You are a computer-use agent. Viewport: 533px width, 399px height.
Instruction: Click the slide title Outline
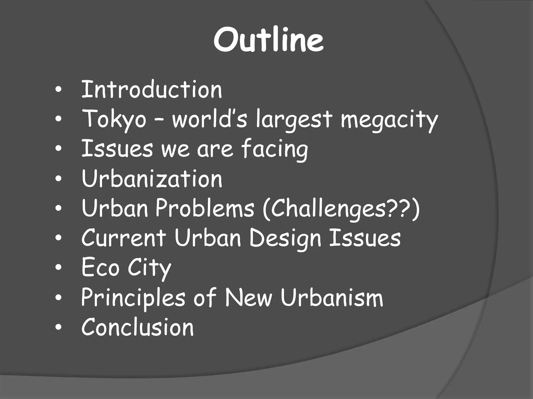click(x=269, y=39)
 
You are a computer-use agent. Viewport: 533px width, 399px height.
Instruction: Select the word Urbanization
click(x=152, y=179)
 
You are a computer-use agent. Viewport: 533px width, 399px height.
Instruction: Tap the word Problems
click(x=205, y=208)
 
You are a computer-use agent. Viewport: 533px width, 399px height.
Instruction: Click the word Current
click(x=124, y=238)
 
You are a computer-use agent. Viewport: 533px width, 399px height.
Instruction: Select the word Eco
click(x=100, y=268)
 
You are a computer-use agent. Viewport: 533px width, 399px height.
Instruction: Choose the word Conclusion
click(x=137, y=327)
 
